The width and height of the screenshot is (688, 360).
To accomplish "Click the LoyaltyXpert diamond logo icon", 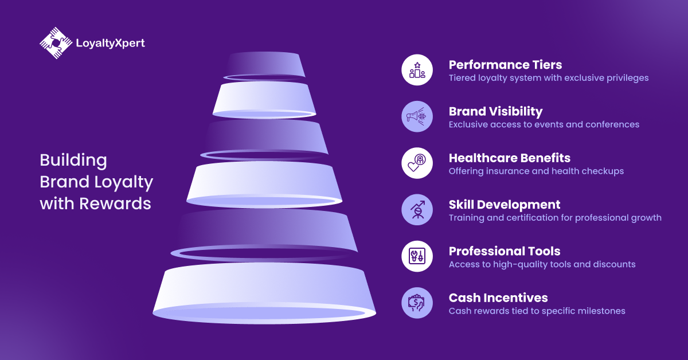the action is pyautogui.click(x=56, y=43).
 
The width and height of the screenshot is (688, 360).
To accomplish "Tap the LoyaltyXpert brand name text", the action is pyautogui.click(x=110, y=44).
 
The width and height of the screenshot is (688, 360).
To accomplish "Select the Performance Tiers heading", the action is pyautogui.click(x=505, y=65).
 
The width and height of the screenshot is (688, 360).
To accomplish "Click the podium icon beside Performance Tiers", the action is pyautogui.click(x=417, y=70).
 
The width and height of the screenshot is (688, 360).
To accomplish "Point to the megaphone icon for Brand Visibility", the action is pyautogui.click(x=417, y=117).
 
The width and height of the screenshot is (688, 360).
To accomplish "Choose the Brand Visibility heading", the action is pyautogui.click(x=495, y=112).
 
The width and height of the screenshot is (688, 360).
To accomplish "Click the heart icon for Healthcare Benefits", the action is pyautogui.click(x=417, y=163).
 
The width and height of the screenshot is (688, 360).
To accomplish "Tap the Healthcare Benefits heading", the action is pyautogui.click(x=510, y=158).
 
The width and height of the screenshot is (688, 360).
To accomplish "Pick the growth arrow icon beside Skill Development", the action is pyautogui.click(x=417, y=210).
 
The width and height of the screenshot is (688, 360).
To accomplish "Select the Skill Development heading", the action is pyautogui.click(x=505, y=205).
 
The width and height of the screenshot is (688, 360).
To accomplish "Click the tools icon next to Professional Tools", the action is pyautogui.click(x=417, y=256).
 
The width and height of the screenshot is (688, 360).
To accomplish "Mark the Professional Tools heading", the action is pyautogui.click(x=505, y=251).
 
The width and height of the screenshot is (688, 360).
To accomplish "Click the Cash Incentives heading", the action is pyautogui.click(x=498, y=298).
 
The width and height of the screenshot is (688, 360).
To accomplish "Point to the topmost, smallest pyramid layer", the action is pyautogui.click(x=264, y=66).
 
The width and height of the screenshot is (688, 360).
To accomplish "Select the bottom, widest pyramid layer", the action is pyautogui.click(x=264, y=293).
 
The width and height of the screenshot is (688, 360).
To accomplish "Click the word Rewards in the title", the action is pyautogui.click(x=115, y=204).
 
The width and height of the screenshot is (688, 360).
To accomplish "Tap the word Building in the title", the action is pyautogui.click(x=73, y=161).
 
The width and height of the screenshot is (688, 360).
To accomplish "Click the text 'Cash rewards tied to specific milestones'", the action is pyautogui.click(x=537, y=311).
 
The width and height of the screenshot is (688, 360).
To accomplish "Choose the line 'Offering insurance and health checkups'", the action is pyautogui.click(x=536, y=171).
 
